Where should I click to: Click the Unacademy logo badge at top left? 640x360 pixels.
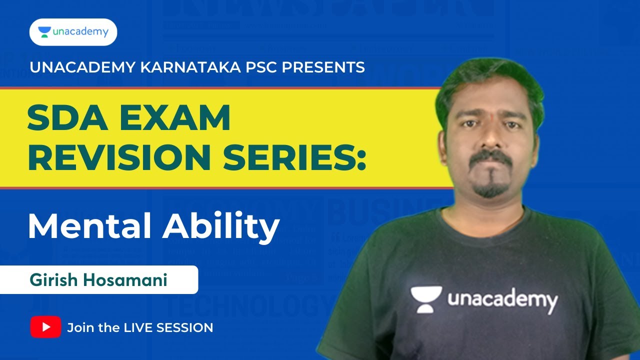(73, 32)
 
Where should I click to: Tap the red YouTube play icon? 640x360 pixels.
(45, 327)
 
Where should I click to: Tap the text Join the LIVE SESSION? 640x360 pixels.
(140, 327)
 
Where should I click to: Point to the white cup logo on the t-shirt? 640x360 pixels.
(426, 298)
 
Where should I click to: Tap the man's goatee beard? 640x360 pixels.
(491, 188)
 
